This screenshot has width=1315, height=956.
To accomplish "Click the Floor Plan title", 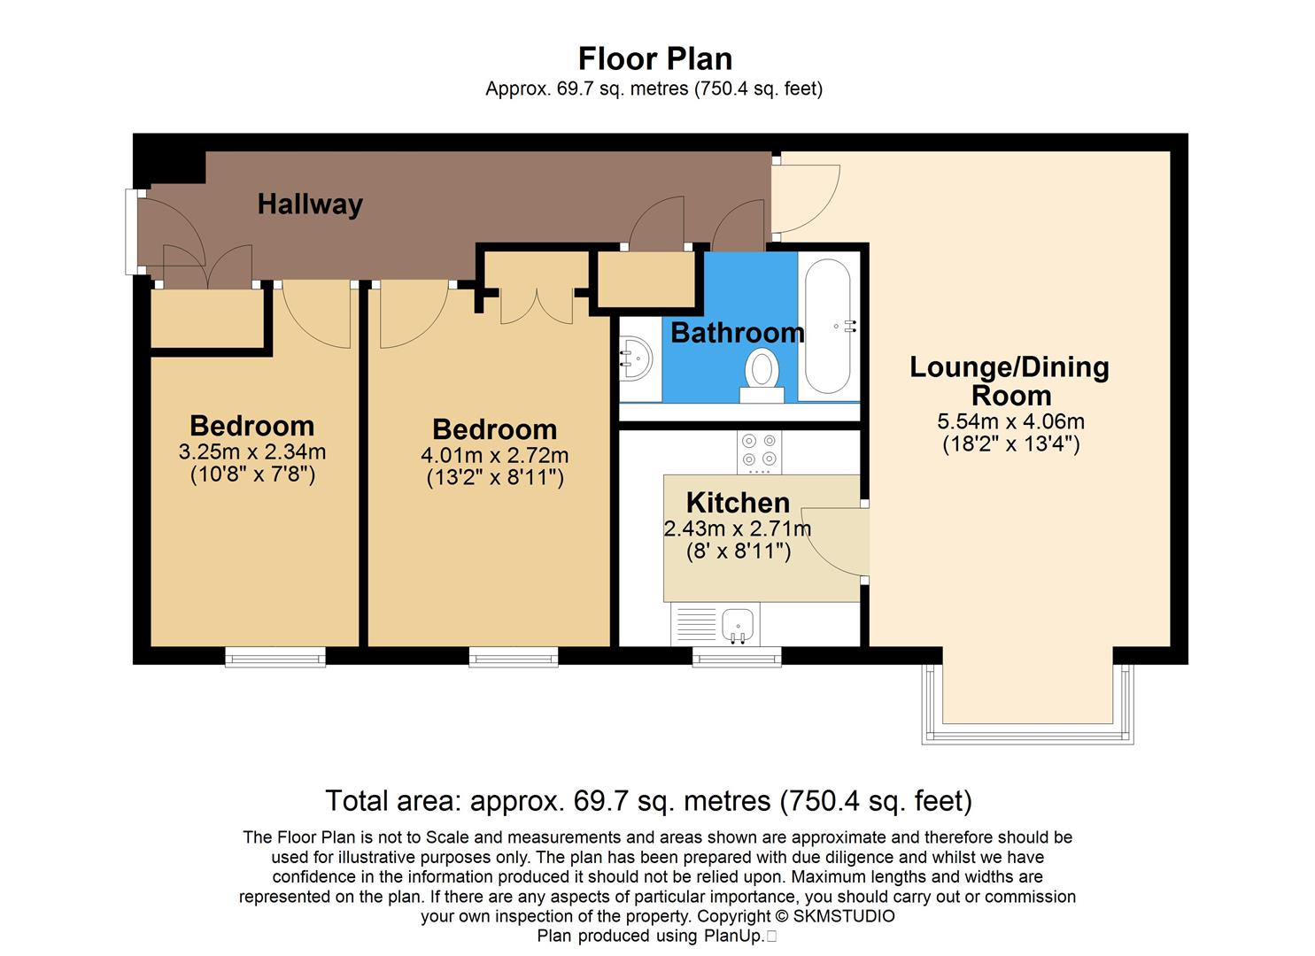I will click(x=654, y=58).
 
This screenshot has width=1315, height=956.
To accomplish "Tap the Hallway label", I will click(x=310, y=204).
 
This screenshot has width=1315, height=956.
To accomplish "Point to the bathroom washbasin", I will click(x=635, y=358).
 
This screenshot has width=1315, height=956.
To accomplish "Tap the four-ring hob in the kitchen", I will click(x=759, y=450).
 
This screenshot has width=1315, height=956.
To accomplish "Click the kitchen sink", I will click(x=738, y=624).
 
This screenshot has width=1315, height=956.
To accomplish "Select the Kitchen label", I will click(x=738, y=503).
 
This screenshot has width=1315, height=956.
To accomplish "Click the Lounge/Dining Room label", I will click(x=1009, y=381).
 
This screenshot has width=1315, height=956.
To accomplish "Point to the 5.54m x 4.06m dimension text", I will click(x=1010, y=422).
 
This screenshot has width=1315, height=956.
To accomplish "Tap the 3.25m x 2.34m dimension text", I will click(x=252, y=452).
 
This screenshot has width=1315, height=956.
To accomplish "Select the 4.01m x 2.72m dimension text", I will click(x=494, y=456).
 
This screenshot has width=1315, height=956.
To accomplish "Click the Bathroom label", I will click(x=737, y=333).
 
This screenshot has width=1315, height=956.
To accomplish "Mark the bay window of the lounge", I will click(x=1027, y=735).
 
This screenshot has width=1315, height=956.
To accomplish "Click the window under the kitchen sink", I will click(x=737, y=656).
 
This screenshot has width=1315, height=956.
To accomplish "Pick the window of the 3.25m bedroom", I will click(x=275, y=656).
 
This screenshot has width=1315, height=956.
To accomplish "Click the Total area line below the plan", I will click(x=648, y=801).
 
